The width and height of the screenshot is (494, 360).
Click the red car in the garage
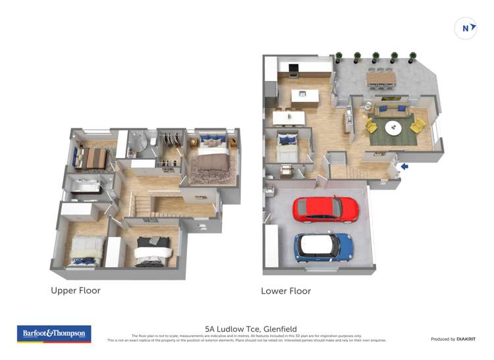coord(326,209)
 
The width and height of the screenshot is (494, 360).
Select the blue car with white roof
coord(323,247)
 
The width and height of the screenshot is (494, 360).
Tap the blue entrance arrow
coord(404,167)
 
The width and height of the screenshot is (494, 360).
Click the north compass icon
coord(466,28)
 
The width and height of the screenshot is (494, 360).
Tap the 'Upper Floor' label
coord(76,290)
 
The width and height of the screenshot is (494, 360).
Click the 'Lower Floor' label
coord(286,291)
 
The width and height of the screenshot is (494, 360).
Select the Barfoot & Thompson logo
coord(54,334)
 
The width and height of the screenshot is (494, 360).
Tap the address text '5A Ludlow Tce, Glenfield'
coord(251,328)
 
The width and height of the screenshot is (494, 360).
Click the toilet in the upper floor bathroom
coord(152,141)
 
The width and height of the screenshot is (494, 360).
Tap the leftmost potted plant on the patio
coord(339,57)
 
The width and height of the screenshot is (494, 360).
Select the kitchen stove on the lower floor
coord(294,67)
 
